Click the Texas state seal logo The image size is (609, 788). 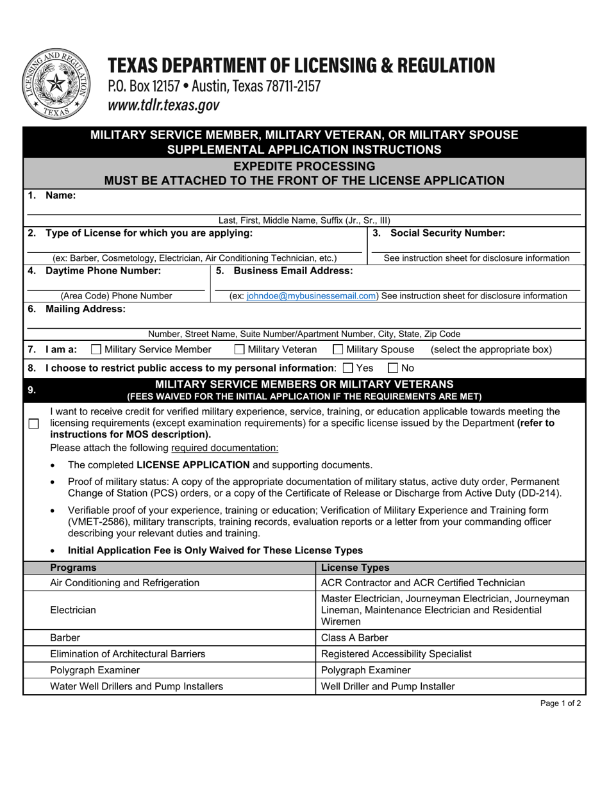click(x=56, y=84)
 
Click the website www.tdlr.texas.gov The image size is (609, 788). click(x=163, y=106)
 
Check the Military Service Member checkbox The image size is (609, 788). click(x=96, y=349)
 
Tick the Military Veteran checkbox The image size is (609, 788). click(x=240, y=349)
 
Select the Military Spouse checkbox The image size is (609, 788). click(x=338, y=349)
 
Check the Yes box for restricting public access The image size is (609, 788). click(x=348, y=368)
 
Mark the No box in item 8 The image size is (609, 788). click(x=394, y=368)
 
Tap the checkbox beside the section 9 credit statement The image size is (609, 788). click(x=34, y=423)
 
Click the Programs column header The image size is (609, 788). click(x=73, y=568)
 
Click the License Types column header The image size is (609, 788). click(x=355, y=568)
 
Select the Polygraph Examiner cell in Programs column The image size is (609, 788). click(x=94, y=670)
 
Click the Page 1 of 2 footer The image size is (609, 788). click(x=560, y=703)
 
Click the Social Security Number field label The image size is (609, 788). click(x=447, y=233)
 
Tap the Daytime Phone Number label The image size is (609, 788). click(x=103, y=271)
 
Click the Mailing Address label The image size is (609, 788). click(x=85, y=309)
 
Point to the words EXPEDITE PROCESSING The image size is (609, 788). click(x=304, y=166)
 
